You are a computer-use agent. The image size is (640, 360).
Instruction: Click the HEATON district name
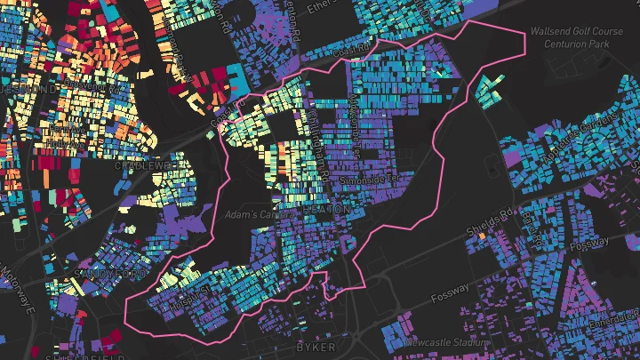pos(323,206)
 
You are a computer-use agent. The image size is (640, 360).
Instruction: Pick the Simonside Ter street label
pos(368,180)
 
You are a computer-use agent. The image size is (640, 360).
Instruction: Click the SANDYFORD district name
pos(106,274)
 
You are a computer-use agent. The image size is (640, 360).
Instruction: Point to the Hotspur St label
pos(189,291)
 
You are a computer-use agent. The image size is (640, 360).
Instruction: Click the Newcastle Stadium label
pos(444,342)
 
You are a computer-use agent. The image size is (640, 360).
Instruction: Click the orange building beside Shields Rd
pos(482,236)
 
